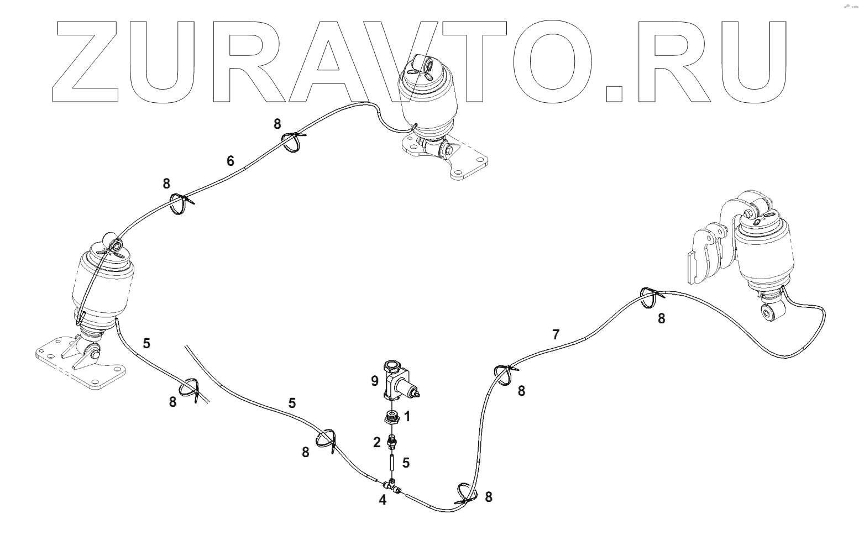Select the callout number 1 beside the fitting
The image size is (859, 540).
pyautogui.click(x=407, y=417)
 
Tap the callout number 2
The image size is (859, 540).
pyautogui.click(x=377, y=442)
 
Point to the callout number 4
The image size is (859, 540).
pyautogui.click(x=383, y=500)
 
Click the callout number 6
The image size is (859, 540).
pyautogui.click(x=231, y=161)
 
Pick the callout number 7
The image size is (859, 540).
pyautogui.click(x=556, y=334)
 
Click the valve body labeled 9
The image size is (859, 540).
pyautogui.click(x=399, y=381)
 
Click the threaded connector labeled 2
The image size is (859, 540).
pyautogui.click(x=392, y=441)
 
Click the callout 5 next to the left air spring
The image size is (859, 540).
pyautogui.click(x=146, y=343)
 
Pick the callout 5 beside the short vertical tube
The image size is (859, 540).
pyautogui.click(x=406, y=463)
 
